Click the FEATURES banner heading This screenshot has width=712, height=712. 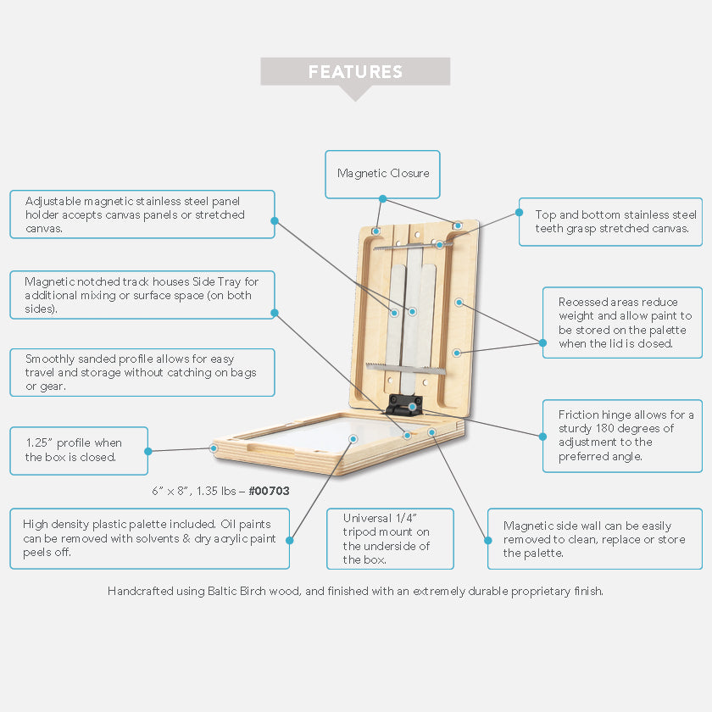tap(355, 72)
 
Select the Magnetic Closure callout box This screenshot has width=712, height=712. tap(383, 174)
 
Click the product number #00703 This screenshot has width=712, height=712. tap(270, 491)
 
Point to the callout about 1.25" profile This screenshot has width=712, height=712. tap(79, 450)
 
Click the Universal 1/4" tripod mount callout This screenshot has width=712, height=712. tap(390, 539)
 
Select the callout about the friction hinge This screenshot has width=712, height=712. tap(622, 436)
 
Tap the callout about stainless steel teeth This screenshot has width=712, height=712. tap(610, 222)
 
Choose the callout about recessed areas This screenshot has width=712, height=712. tap(622, 322)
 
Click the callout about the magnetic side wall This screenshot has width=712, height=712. tap(594, 539)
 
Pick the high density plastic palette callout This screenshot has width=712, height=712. tap(151, 538)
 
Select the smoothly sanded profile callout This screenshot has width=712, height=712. tap(142, 372)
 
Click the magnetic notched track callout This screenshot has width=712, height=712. tap(142, 295)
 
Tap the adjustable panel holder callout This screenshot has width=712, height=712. tap(142, 214)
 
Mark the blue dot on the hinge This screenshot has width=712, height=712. tap(412, 406)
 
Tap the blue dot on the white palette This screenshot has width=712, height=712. tap(352, 438)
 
